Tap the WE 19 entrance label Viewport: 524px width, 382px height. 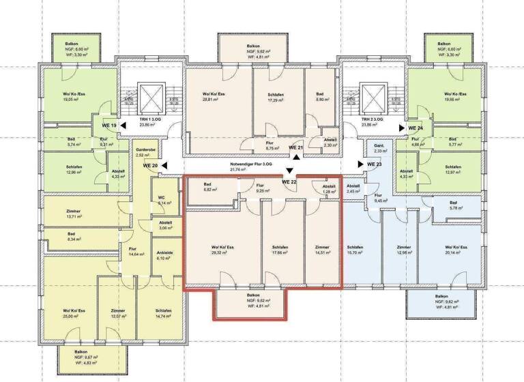109,126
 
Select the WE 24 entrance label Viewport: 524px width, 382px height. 416,128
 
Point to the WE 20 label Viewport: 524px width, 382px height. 150,165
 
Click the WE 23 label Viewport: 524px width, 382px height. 375,164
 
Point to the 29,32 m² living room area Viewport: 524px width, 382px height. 222,250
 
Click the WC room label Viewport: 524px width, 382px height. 162,200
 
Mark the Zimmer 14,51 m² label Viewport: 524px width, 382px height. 321,250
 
